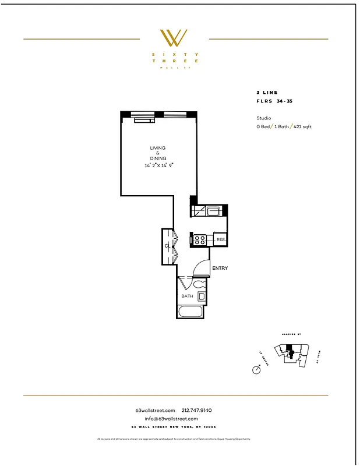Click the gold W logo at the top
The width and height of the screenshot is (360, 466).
(x=174, y=38)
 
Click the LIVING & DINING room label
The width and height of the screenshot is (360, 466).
(x=158, y=153)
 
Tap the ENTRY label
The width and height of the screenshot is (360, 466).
(x=220, y=269)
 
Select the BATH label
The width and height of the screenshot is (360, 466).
(x=187, y=296)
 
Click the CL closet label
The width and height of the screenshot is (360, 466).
(x=167, y=246)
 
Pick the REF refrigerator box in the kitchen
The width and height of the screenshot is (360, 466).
(x=221, y=239)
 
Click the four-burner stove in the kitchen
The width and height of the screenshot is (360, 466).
(x=200, y=239)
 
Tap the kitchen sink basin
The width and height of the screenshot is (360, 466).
(x=213, y=211)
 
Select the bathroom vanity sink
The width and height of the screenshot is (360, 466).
(x=202, y=296)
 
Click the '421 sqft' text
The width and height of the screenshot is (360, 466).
(x=302, y=126)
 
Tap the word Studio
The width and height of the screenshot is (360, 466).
(x=256, y=118)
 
